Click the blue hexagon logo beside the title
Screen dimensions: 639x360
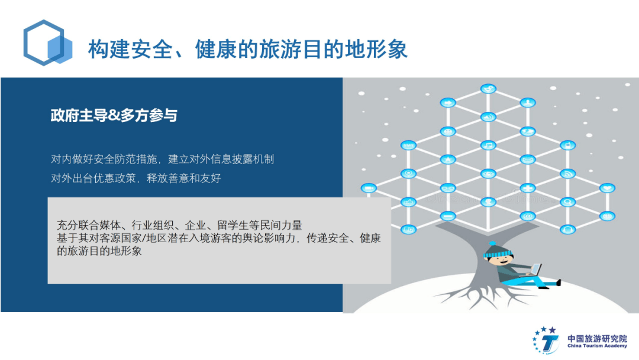(47, 43)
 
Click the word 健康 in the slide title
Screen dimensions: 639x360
(216, 49)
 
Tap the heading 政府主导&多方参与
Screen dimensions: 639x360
(114, 115)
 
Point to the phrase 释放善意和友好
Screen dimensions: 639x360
(184, 178)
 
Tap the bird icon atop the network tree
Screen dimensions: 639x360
(488, 88)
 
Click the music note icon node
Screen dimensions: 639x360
(488, 144)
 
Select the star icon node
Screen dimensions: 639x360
(448, 159)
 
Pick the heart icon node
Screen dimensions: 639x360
(607, 188)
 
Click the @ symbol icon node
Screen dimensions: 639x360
(528, 216)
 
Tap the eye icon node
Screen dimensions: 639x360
(488, 173)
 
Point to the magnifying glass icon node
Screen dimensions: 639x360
(567, 202)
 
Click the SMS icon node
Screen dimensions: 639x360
(408, 145)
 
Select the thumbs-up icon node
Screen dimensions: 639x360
(408, 202)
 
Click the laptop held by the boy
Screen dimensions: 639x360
(534, 271)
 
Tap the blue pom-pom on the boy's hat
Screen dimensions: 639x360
(492, 243)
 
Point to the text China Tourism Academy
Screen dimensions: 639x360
(597, 346)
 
